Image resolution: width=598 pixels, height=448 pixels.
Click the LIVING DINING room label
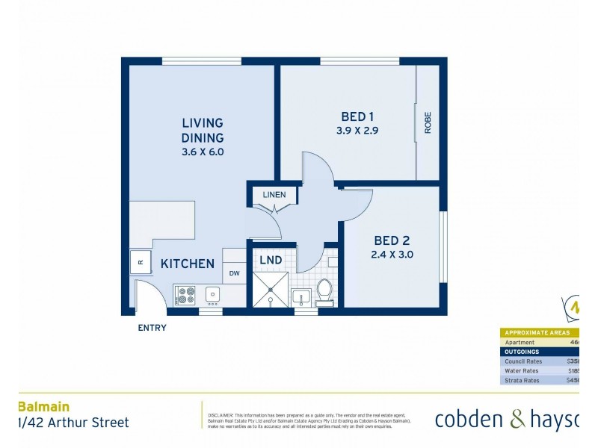pyautogui.click(x=203, y=130)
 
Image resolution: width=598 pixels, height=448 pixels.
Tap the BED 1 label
pyautogui.click(x=357, y=116)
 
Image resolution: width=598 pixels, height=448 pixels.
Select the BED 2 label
pyautogui.click(x=392, y=241)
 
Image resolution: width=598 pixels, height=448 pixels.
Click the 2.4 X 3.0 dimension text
pyautogui.click(x=392, y=255)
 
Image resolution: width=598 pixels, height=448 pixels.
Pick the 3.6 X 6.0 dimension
pyautogui.click(x=203, y=152)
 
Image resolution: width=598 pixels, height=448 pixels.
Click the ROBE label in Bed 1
pyautogui.click(x=428, y=122)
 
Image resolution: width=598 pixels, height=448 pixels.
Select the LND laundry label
pyautogui.click(x=271, y=260)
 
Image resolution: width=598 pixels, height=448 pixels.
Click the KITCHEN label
pyautogui.click(x=188, y=264)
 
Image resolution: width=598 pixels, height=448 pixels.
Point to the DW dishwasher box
pyautogui.click(x=234, y=273)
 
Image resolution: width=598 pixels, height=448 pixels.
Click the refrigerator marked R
pyautogui.click(x=141, y=262)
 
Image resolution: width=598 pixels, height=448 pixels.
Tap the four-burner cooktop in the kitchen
pyautogui.click(x=185, y=296)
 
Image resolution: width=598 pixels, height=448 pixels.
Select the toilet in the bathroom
pyautogui.click(x=324, y=291)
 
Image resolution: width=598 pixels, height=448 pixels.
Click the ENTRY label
pyautogui.click(x=152, y=328)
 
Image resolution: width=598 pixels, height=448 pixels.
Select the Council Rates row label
pyautogui.click(x=523, y=361)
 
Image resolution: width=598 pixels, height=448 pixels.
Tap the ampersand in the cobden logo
pyautogui.click(x=518, y=420)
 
